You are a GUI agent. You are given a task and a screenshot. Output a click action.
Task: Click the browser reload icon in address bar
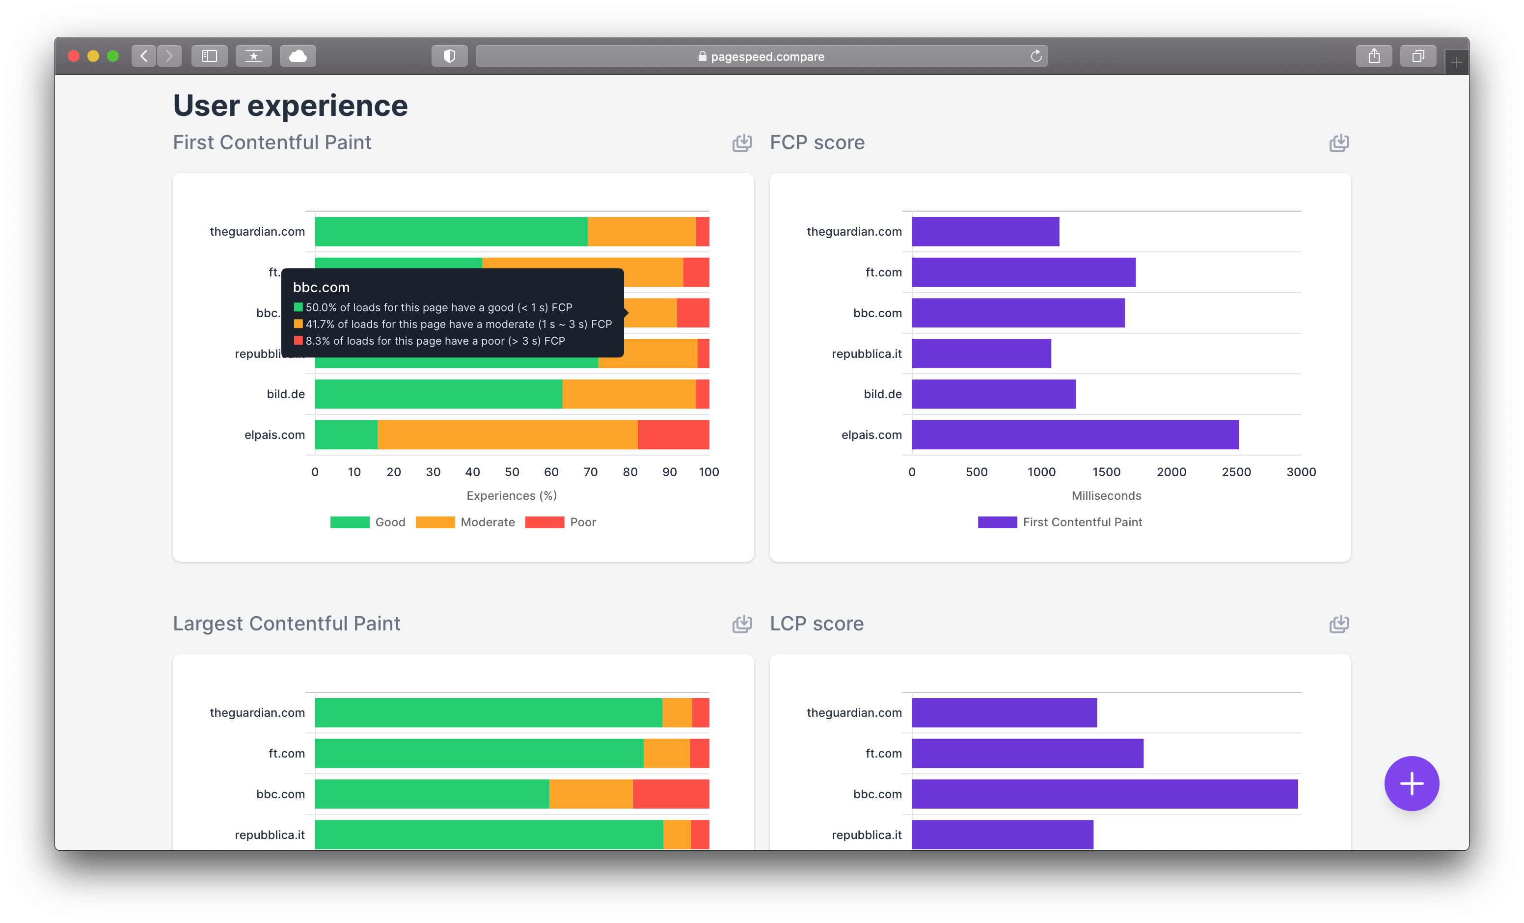pyautogui.click(x=1036, y=56)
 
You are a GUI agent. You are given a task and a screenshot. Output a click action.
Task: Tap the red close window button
pyautogui.click(x=74, y=56)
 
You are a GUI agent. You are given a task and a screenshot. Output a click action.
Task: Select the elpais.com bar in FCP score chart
pyautogui.click(x=1074, y=435)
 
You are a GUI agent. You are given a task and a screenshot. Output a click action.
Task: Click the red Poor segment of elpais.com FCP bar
pyautogui.click(x=673, y=435)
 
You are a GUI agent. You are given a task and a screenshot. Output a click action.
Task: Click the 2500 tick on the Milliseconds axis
pyautogui.click(x=1236, y=472)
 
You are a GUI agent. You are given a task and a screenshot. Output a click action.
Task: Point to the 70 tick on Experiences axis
pyautogui.click(x=590, y=472)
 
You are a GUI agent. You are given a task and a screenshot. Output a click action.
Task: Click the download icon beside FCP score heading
pyautogui.click(x=1338, y=143)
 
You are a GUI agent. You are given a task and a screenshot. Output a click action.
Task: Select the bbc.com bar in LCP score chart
pyautogui.click(x=1104, y=794)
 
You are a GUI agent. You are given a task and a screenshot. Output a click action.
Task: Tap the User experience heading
pyautogui.click(x=290, y=106)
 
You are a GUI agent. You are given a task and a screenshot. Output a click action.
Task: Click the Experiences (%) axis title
pyautogui.click(x=512, y=495)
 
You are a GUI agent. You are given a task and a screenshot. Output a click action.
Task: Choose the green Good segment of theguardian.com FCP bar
pyautogui.click(x=451, y=231)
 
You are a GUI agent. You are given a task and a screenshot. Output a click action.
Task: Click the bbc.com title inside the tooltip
pyautogui.click(x=321, y=288)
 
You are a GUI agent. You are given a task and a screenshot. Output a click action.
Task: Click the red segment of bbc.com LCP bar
pyautogui.click(x=671, y=794)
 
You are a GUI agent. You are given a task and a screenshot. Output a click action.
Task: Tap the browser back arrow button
pyautogui.click(x=143, y=56)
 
